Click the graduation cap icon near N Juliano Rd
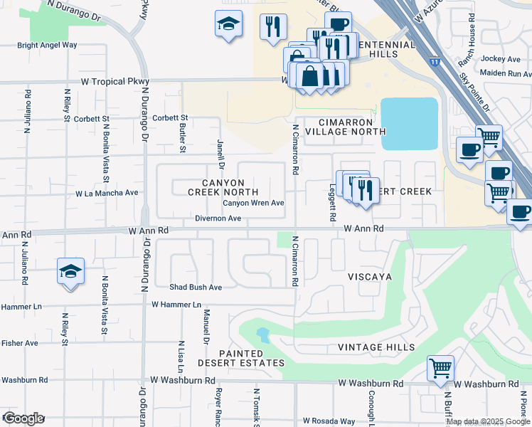point(70,272)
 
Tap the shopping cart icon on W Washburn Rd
point(440,369)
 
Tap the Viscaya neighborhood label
point(371,276)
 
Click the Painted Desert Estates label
point(241,359)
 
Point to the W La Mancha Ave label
point(107,193)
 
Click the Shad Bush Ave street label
point(196,288)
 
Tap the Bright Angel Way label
point(47,45)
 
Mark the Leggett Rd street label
point(332,204)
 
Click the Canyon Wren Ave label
point(253,203)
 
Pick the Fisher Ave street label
point(19,343)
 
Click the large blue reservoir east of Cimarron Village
point(409,123)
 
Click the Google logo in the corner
point(23,418)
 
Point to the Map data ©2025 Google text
point(487,421)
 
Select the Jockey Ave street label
point(501,58)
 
